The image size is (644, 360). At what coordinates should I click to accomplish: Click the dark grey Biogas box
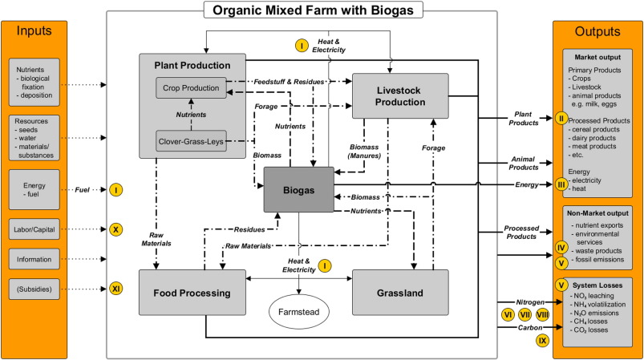tap(299, 189)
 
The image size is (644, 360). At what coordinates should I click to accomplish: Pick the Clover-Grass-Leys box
tap(191, 143)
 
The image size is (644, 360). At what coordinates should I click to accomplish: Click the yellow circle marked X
tap(116, 229)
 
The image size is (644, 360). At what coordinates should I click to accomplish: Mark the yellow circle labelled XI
tap(116, 287)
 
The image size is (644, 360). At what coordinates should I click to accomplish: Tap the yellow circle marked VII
tap(525, 315)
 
